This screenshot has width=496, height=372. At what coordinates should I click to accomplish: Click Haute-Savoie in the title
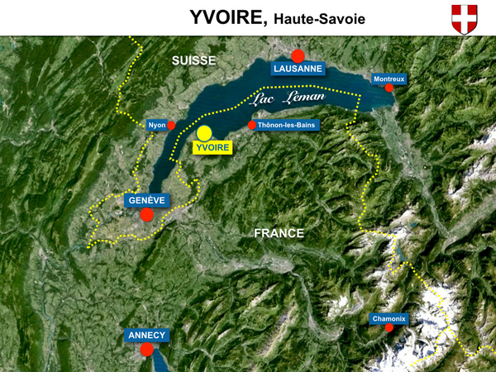[315, 19]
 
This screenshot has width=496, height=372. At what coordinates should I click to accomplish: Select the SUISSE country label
[193, 60]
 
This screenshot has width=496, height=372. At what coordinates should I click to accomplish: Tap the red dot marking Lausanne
[298, 55]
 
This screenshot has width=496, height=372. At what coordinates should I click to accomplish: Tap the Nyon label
[157, 126]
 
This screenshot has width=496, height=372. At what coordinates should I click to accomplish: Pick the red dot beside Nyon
[172, 126]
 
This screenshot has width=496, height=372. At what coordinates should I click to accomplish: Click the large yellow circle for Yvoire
[204, 133]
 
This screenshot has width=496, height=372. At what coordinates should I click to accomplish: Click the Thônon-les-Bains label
[287, 126]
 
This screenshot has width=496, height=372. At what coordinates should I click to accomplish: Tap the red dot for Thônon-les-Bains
[252, 126]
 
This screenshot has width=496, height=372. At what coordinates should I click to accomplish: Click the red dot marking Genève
[146, 215]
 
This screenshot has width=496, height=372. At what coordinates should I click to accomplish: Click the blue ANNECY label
[147, 336]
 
